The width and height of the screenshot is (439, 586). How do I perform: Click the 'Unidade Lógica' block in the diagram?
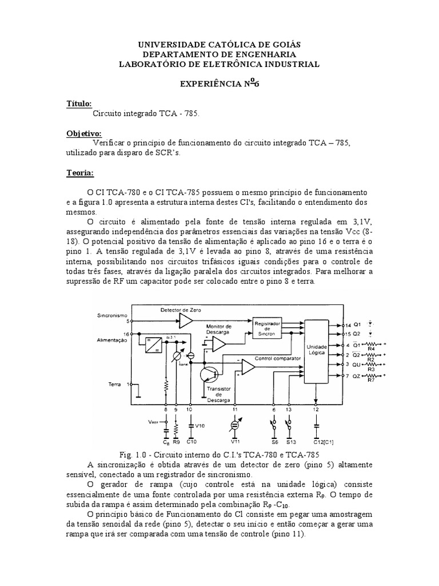point(317,350)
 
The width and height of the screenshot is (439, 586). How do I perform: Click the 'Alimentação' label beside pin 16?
point(113,339)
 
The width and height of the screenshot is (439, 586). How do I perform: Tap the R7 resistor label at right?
point(370,381)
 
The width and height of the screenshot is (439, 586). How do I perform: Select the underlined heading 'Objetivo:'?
point(83,133)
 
